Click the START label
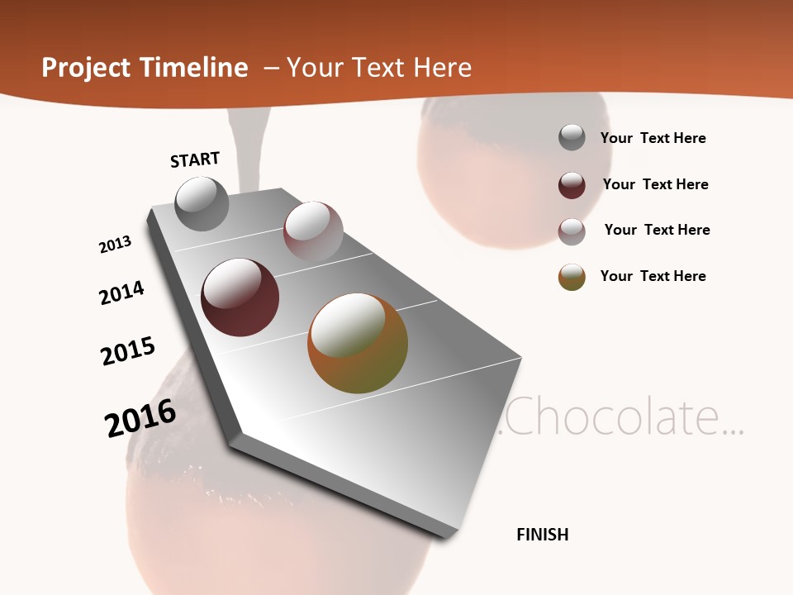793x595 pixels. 195,159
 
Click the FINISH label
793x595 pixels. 542,535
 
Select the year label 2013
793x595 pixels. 116,245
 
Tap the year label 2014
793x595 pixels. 122,293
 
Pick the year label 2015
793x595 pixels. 128,351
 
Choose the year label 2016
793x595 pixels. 141,418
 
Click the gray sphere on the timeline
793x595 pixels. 202,203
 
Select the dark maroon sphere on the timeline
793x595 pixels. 240,297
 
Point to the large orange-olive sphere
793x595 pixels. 358,343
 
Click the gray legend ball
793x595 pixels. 572,137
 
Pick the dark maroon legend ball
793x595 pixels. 572,185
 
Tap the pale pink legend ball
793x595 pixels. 572,231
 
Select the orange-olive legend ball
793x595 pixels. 572,277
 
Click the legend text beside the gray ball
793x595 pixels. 653,138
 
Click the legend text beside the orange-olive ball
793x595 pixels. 653,276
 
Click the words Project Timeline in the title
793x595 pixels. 145,68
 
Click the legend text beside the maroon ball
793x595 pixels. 655,184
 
